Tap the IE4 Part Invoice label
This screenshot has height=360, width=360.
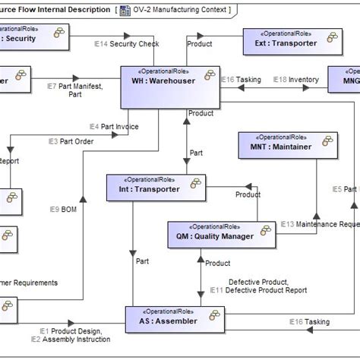(114, 127)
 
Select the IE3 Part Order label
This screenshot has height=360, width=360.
(72, 141)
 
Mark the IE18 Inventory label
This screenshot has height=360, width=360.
(295, 79)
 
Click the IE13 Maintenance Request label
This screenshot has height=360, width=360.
(319, 224)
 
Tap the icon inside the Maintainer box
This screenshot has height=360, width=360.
(327, 142)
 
